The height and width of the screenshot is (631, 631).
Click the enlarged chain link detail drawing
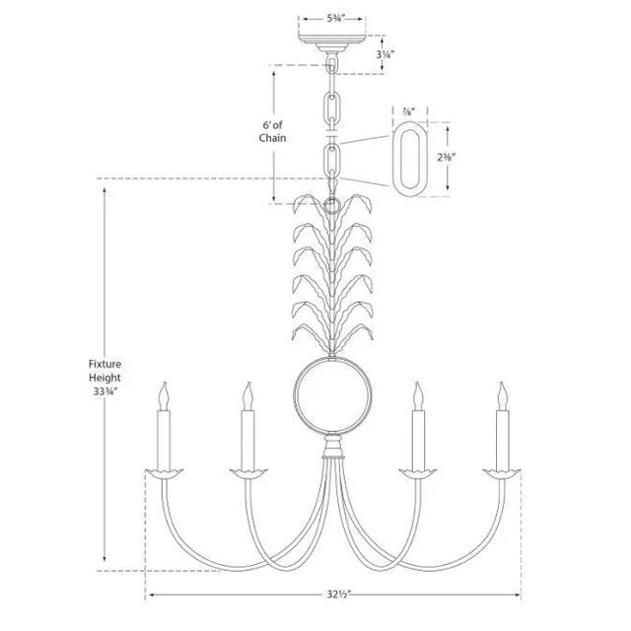pos(409,158)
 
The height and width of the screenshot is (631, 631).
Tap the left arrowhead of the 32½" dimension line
pos(150,596)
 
